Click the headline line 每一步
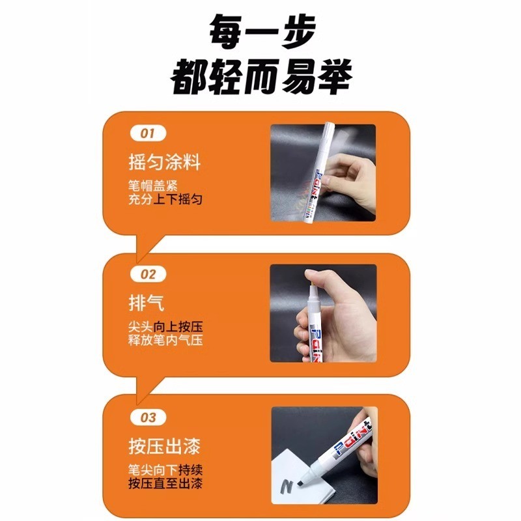(x=262, y=31)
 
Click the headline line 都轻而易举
(x=261, y=77)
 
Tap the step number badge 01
(x=148, y=134)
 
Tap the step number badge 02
(x=148, y=274)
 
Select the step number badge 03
(x=148, y=417)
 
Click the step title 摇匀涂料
(x=165, y=162)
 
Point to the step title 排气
(x=147, y=303)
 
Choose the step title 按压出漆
(x=165, y=446)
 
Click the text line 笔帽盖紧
(x=153, y=186)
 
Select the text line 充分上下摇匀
(x=165, y=199)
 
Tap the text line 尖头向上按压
(x=165, y=327)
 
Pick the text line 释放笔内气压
(x=165, y=340)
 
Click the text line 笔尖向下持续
(x=165, y=470)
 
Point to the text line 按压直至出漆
(x=165, y=483)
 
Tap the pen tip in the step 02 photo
(x=313, y=285)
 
